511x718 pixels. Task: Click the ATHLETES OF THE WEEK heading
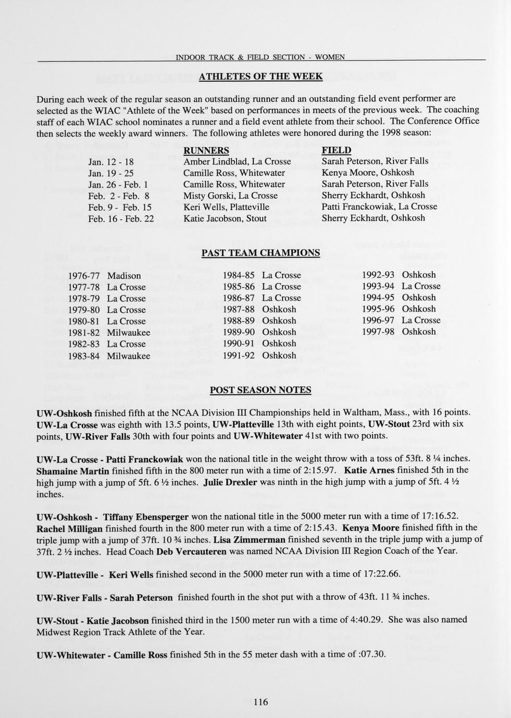click(x=261, y=77)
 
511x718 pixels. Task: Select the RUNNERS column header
click(x=206, y=150)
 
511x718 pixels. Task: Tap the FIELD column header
click(x=336, y=150)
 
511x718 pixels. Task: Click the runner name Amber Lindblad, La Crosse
click(x=237, y=161)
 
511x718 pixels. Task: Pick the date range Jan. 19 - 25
click(x=111, y=173)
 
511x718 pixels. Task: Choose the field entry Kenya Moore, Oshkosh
click(x=368, y=172)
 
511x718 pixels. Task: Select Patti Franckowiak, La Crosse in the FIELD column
click(x=379, y=207)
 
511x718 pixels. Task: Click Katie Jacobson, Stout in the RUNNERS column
click(x=225, y=219)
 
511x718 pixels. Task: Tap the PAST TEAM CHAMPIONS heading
click(x=260, y=253)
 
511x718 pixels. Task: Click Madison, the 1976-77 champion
click(x=124, y=276)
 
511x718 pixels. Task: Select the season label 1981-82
click(x=84, y=332)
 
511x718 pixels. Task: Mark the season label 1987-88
click(x=239, y=310)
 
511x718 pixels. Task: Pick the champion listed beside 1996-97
click(x=421, y=320)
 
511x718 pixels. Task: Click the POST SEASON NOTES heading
click(x=260, y=390)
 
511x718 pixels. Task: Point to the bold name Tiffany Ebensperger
click(x=146, y=517)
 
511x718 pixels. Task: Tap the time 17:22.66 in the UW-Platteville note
click(x=380, y=574)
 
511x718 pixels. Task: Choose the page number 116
click(x=260, y=702)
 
